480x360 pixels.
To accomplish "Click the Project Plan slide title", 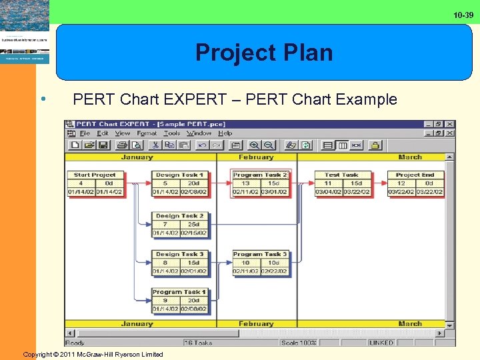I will point(264,53).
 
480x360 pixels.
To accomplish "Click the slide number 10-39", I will point(463,15).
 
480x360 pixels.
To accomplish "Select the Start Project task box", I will point(95,184).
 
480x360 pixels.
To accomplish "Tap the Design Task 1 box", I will point(179,184).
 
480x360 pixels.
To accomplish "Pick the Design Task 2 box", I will point(179,225).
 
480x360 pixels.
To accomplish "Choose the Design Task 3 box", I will point(179,263).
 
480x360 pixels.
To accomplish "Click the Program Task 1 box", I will point(179,301).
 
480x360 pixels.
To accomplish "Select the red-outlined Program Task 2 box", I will point(260,184).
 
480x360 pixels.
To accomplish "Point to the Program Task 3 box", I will point(260,263).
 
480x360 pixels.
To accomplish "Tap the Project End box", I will point(415,184).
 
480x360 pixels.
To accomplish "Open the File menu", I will point(85,133).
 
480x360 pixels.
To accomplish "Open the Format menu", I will point(147,133).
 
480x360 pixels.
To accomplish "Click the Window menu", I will point(199,133).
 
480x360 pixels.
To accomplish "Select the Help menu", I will point(225,133).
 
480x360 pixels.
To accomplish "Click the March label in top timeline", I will point(409,157).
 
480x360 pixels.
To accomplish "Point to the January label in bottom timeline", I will point(137,324).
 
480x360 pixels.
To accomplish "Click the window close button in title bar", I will point(450,124).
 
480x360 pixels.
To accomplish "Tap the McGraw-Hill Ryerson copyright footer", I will point(93,354).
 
